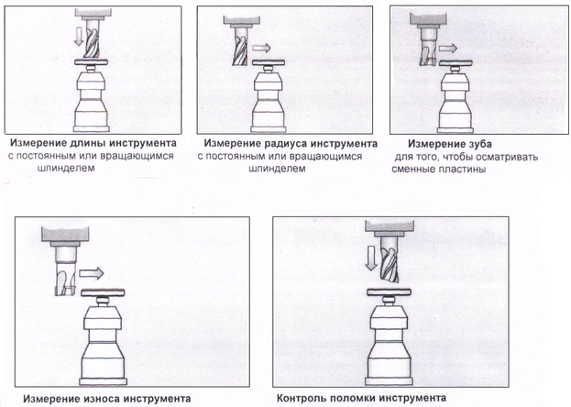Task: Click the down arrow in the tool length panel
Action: pos(79,38)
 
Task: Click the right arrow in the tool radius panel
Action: pos(261,48)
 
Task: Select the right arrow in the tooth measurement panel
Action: pos(447,48)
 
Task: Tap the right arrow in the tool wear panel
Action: pos(92,273)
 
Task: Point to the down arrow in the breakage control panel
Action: pos(371,258)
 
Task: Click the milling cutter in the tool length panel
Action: pos(92,38)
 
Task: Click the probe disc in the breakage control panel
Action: pos(390,291)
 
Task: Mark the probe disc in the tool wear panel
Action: pos(103,292)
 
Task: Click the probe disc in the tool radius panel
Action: pos(269,62)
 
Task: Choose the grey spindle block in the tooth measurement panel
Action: pos(428,19)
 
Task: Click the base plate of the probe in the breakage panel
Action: pos(390,382)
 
